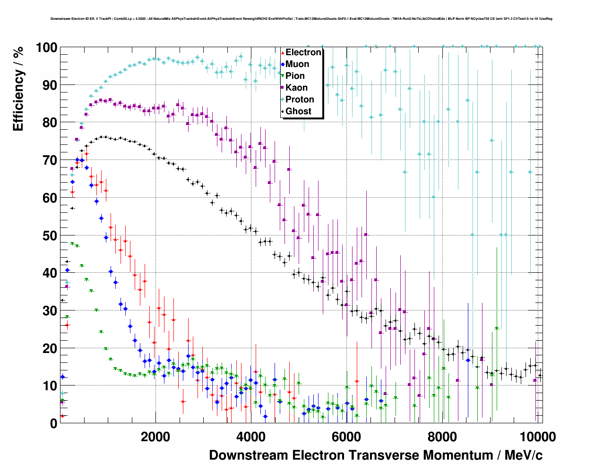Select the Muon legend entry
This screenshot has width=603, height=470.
[x=297, y=64]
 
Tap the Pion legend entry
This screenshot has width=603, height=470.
[x=295, y=76]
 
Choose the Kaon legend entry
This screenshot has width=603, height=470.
[x=296, y=88]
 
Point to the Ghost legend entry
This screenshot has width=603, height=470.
[x=298, y=111]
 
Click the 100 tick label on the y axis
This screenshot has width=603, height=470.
[x=46, y=48]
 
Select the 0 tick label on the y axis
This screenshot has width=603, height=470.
[x=53, y=423]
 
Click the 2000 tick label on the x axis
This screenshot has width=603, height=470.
[x=155, y=436]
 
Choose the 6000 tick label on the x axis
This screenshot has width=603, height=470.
[x=346, y=436]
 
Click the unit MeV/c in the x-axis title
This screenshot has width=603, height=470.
[x=523, y=455]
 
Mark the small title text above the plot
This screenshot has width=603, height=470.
[x=301, y=19]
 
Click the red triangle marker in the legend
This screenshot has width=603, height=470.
[x=283, y=52]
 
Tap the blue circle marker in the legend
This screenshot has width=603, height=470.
[x=283, y=64]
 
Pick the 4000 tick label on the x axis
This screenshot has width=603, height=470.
[x=251, y=436]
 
